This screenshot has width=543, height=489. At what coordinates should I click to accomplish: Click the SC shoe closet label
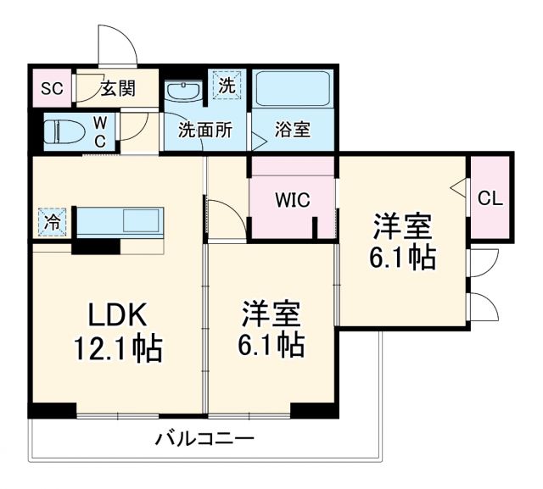pos(52,88)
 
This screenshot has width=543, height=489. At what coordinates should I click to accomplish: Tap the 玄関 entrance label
pos(117,88)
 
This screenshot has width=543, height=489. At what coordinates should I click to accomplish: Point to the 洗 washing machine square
pos(227,85)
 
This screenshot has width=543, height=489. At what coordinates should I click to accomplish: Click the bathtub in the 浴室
pos(293,88)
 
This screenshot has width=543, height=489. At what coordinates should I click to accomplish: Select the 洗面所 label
pos(204,131)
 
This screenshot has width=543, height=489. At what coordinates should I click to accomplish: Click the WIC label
pos(291,200)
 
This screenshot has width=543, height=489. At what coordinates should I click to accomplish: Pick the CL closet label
pos(490,200)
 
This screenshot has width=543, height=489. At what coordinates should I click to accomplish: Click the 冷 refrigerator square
pos(53,223)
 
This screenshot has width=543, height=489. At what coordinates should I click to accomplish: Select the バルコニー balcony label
pos(204,440)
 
